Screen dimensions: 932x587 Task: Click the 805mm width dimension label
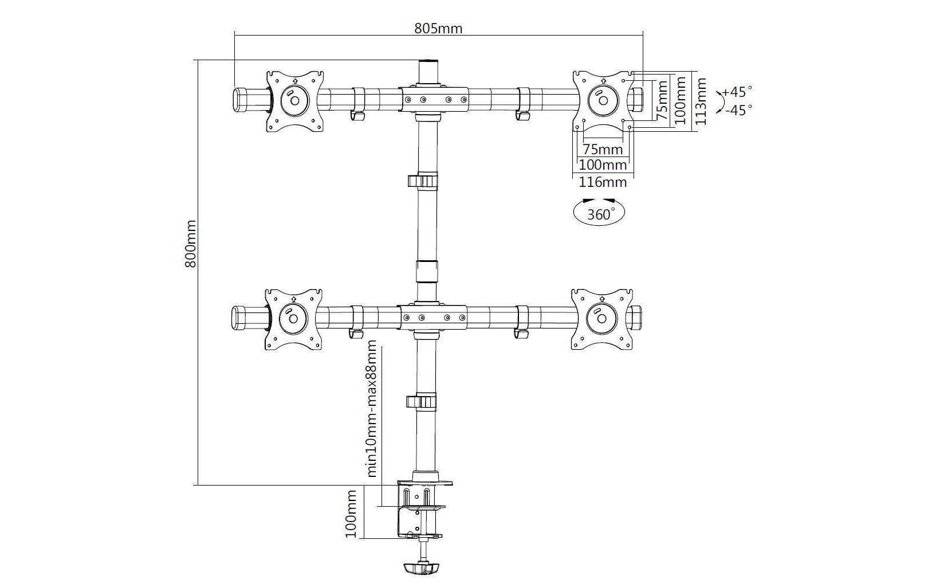click(438, 28)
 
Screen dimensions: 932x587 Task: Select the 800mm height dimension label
click(190, 244)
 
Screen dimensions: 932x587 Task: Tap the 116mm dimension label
click(603, 182)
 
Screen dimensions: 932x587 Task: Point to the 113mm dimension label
click(701, 101)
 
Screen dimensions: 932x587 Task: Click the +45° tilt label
click(737, 91)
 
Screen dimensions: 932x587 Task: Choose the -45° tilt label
click(738, 110)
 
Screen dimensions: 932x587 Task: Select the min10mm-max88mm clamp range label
click(371, 408)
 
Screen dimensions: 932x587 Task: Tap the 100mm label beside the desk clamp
click(351, 514)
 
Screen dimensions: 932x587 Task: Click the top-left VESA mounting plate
click(294, 101)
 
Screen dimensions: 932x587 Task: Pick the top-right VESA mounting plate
click(603, 101)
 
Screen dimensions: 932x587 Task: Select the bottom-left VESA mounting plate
click(293, 319)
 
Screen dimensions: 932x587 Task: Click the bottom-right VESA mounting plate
click(601, 319)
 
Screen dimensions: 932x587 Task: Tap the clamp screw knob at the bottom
click(422, 569)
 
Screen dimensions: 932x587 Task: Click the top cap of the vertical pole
click(428, 72)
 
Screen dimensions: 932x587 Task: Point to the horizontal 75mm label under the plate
click(603, 149)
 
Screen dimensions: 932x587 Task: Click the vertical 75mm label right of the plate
click(662, 100)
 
